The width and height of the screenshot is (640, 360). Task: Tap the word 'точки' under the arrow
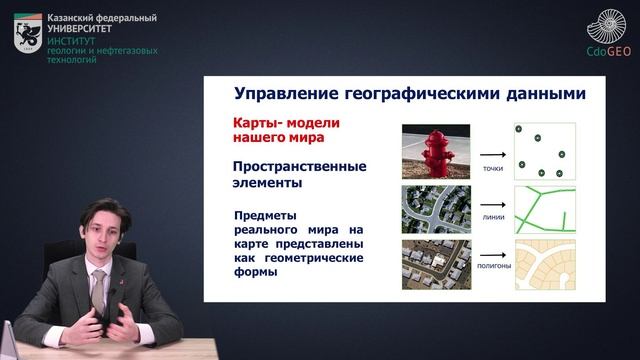pyautogui.click(x=491, y=168)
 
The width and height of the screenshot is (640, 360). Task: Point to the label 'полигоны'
pyautogui.click(x=492, y=267)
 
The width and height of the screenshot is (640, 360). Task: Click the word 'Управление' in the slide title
pyautogui.click(x=283, y=95)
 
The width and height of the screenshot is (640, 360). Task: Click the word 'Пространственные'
pyautogui.click(x=299, y=166)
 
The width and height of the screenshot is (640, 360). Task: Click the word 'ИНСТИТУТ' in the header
pyautogui.click(x=69, y=42)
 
